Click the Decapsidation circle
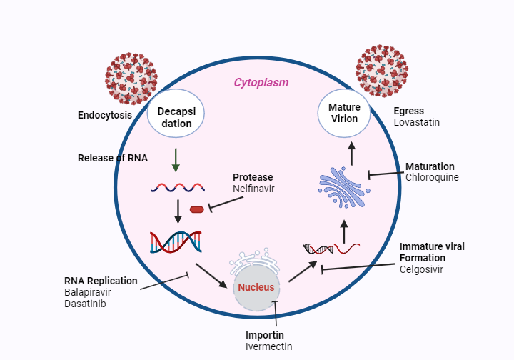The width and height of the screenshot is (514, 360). point(176,114)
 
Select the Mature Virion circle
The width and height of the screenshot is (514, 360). point(343,113)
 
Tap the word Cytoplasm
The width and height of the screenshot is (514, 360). point(261,82)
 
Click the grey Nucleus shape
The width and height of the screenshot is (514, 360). point(256,287)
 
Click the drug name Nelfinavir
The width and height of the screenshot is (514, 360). point(253,189)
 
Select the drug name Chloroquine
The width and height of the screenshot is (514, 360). point(432,177)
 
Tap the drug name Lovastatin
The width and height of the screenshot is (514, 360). point(416,122)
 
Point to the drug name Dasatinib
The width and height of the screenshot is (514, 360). point(85,303)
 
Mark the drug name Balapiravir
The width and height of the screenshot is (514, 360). point(88,291)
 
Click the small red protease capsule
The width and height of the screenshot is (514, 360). point(196,209)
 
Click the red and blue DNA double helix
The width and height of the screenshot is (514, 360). point(175,242)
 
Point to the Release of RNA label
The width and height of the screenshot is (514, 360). point(112,158)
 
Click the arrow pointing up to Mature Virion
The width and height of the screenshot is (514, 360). point(351,151)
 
